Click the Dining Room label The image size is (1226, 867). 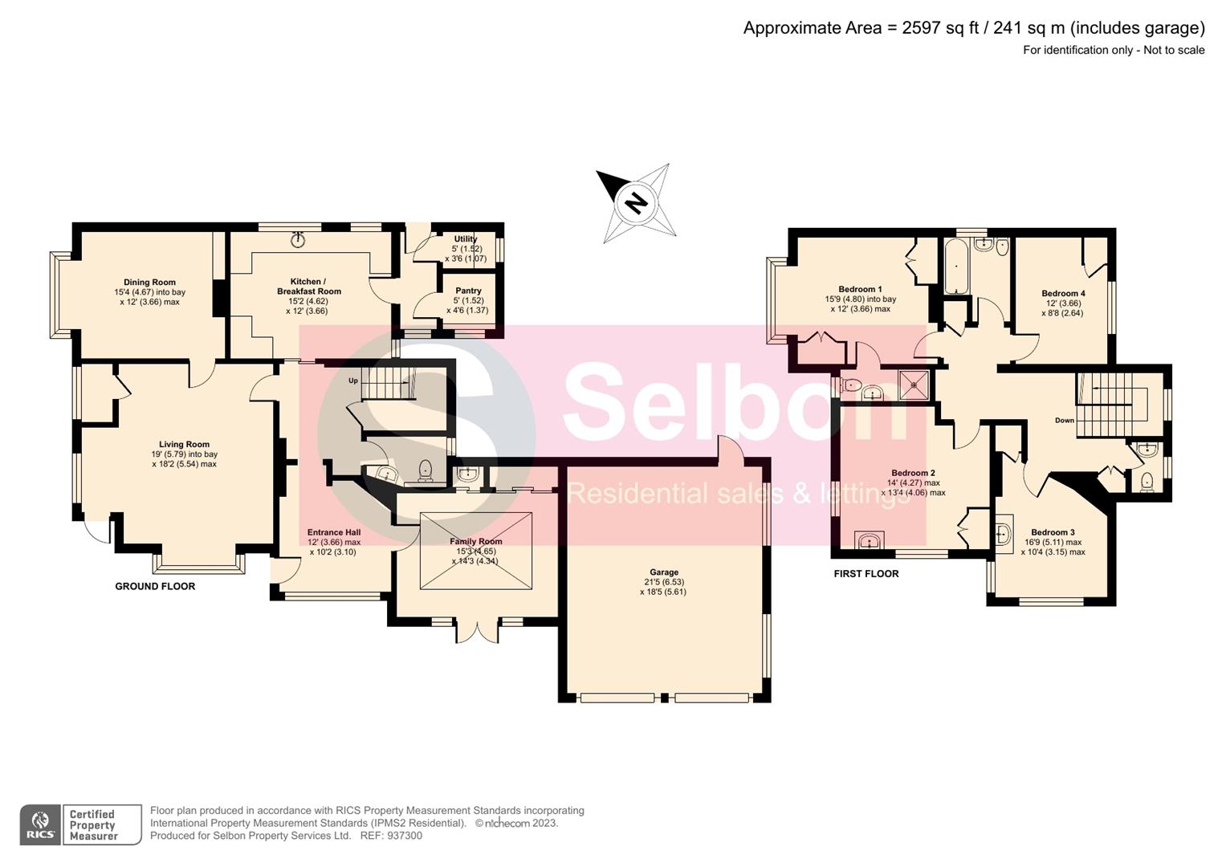pyautogui.click(x=149, y=283)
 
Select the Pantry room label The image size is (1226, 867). pyautogui.click(x=468, y=291)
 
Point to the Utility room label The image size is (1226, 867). pyautogui.click(x=466, y=239)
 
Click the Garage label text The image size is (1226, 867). pyautogui.click(x=664, y=572)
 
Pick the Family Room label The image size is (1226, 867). pyautogui.click(x=475, y=542)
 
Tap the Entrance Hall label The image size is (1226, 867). pyautogui.click(x=334, y=532)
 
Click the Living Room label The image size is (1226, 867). pyautogui.click(x=184, y=444)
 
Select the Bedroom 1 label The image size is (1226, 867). pyautogui.click(x=860, y=289)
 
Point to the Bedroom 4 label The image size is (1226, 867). pyautogui.click(x=1063, y=293)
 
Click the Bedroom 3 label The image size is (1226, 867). pyautogui.click(x=1053, y=532)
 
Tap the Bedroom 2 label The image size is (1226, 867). pyautogui.click(x=913, y=474)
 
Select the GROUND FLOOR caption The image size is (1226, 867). pyautogui.click(x=155, y=587)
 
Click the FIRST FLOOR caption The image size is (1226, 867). pyautogui.click(x=866, y=574)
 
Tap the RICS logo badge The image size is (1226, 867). pyautogui.click(x=40, y=825)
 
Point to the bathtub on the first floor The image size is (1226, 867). pyautogui.click(x=955, y=267)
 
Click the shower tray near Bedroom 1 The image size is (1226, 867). pyautogui.click(x=913, y=385)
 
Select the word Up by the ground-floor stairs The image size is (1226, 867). pyautogui.click(x=352, y=381)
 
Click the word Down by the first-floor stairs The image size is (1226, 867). pyautogui.click(x=1064, y=421)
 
